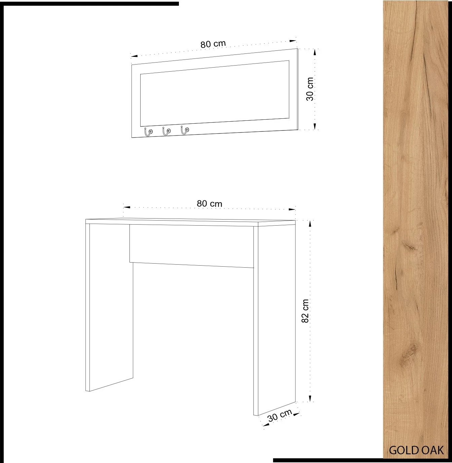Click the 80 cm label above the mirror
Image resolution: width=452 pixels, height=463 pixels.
(x=213, y=44)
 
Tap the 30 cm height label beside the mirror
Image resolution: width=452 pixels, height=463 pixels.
(x=310, y=89)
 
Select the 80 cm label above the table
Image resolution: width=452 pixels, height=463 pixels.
(x=210, y=204)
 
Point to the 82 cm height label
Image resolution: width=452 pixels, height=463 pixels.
(x=305, y=311)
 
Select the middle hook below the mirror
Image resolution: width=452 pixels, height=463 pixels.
(x=166, y=131)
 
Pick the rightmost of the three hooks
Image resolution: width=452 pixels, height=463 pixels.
(x=184, y=130)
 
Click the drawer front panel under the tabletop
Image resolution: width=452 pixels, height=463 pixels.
(x=192, y=246)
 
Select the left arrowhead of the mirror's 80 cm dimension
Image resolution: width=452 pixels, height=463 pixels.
(x=134, y=56)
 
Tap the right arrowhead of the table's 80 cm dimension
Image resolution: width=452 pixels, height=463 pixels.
(x=292, y=209)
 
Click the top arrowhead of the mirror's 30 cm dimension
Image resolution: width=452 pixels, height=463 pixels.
(x=315, y=52)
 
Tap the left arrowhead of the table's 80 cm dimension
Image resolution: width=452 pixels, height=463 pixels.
(x=127, y=207)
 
